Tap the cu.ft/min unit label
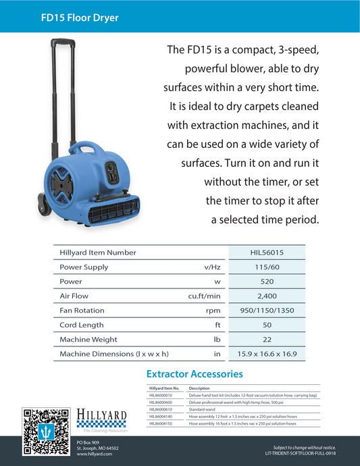[x=205, y=296]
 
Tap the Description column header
[x=201, y=388]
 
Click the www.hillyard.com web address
[x=94, y=455]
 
